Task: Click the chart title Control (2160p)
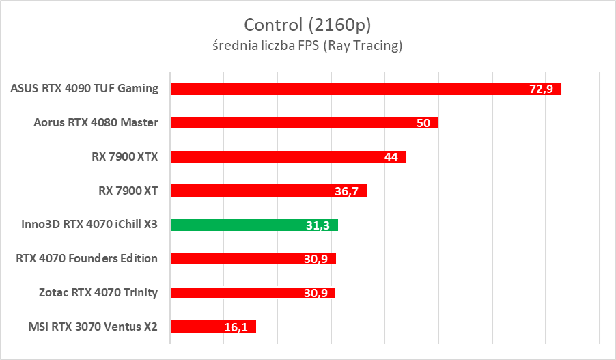[307, 25]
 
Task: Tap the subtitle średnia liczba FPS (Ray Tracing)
[307, 46]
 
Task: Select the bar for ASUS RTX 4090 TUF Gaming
[341, 89]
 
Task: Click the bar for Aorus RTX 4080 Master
[287, 123]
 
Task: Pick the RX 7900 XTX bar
[273, 157]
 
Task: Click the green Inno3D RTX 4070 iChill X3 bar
[239, 225]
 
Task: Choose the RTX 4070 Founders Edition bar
[239, 259]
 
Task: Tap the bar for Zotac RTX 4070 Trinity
[239, 293]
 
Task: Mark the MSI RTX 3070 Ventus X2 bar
[198, 327]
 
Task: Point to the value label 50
[423, 123]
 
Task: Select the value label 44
[391, 157]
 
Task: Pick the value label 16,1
[236, 327]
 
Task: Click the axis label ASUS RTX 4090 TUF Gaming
[85, 88]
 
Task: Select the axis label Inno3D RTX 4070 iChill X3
[85, 224]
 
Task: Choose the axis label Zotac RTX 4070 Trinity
[99, 292]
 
